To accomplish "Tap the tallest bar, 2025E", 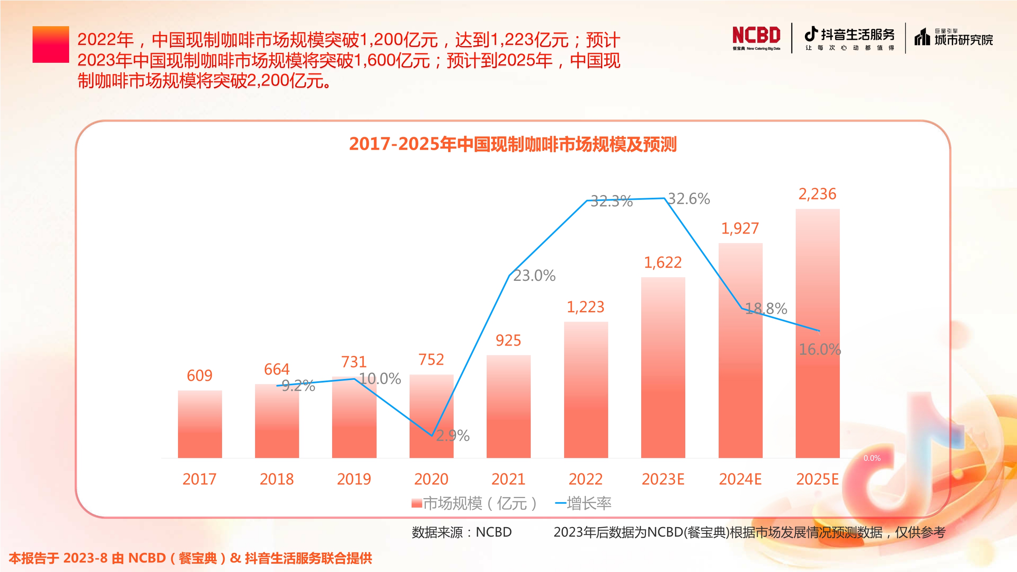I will (818, 333).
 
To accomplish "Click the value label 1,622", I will (663, 263).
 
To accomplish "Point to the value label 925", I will (508, 340).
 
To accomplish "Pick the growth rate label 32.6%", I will (689, 199).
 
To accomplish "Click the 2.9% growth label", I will (453, 436).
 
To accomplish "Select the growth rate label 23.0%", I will (534, 276).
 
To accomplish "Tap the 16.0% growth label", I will (820, 350).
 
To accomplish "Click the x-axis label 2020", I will (431, 479).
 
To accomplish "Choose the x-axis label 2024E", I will (740, 479).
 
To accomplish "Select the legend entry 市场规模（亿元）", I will (474, 503).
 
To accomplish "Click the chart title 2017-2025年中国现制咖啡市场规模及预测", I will (512, 144).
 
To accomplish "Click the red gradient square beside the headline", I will (51, 44).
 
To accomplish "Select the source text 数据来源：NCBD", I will (462, 532).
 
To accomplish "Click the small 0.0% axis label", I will (872, 458).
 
